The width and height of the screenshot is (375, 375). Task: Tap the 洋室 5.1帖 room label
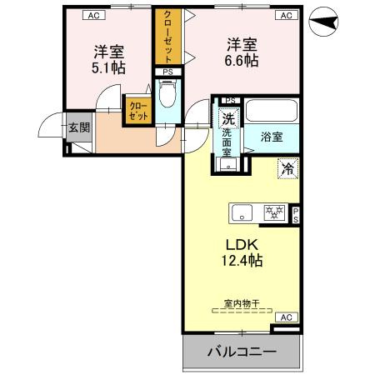(108, 59)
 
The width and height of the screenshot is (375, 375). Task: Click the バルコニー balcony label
(241, 352)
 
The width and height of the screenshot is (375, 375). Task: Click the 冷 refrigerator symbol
(287, 168)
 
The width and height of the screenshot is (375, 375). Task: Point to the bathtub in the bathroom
(272, 112)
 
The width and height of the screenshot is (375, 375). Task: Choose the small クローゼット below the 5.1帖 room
(137, 112)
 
